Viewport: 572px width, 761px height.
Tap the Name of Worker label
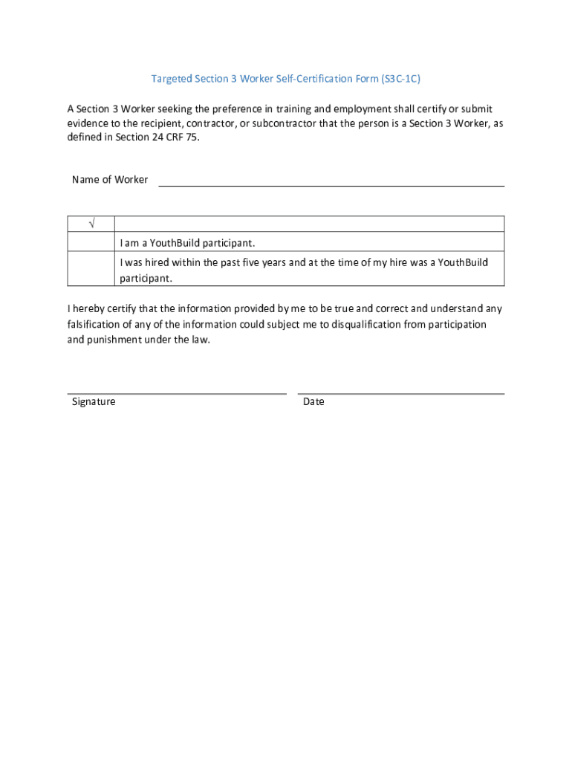[110, 180]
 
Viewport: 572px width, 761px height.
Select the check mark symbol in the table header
[91, 224]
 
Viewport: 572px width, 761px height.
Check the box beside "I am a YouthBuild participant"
[91, 243]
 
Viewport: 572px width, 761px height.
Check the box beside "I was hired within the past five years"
[91, 270]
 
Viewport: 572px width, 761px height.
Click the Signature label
[94, 402]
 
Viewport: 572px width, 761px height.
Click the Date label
[313, 402]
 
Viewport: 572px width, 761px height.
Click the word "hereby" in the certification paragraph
[91, 308]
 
